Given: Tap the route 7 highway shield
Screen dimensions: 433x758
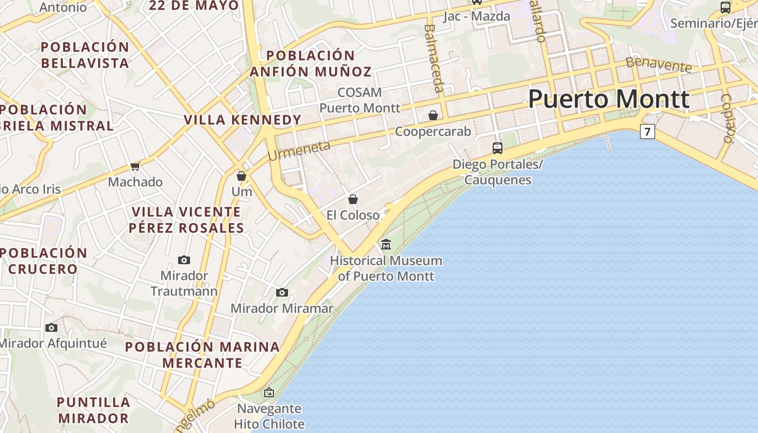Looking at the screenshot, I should click(x=647, y=132).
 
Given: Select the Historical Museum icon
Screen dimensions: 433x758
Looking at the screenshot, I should click(x=386, y=245).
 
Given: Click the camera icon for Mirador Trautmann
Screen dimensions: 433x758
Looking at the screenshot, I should click(x=184, y=260).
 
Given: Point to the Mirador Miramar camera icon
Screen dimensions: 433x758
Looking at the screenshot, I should click(x=282, y=293).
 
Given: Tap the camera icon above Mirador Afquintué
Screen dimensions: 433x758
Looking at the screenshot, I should click(x=51, y=327).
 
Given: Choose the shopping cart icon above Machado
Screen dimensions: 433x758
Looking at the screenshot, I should click(x=135, y=167).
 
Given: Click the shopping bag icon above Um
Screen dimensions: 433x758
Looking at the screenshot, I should click(x=241, y=176).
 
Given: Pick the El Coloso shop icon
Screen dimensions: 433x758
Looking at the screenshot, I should click(x=353, y=199).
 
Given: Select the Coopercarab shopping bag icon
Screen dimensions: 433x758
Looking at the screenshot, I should click(x=433, y=115).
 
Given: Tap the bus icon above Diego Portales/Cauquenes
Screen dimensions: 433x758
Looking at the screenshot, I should click(x=497, y=148).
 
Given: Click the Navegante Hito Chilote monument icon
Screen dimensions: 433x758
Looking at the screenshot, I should click(x=269, y=392).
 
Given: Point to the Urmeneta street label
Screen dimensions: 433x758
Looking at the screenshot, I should click(x=299, y=150).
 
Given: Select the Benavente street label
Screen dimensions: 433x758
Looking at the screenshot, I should click(x=658, y=64).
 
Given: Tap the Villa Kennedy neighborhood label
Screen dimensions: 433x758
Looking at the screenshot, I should click(x=242, y=120).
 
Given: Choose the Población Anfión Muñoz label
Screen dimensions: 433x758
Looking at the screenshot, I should click(x=311, y=63).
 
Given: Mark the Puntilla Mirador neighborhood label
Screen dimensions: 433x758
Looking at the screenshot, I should click(x=94, y=410).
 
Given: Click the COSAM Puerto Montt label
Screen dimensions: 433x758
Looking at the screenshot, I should click(x=360, y=100).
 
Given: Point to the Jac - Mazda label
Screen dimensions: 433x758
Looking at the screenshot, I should click(x=476, y=16).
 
